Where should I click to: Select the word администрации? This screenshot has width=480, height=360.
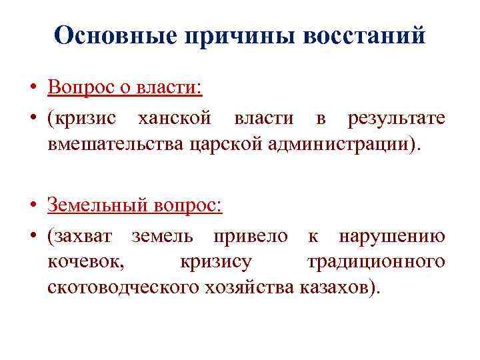336,143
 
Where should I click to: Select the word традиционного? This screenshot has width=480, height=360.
376,261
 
